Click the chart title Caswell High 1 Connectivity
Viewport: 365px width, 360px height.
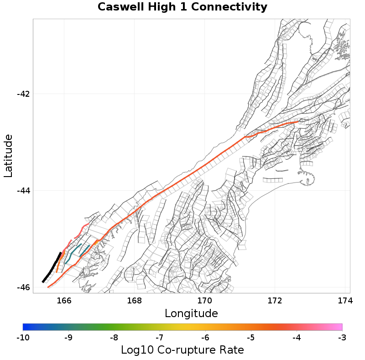coord(182,7)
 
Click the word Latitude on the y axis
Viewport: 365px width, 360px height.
coord(8,156)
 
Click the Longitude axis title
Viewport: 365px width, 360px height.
coord(191,313)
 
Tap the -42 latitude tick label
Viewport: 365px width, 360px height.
coord(23,94)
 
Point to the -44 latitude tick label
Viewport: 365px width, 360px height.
coord(23,191)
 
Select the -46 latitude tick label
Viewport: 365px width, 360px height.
coord(23,287)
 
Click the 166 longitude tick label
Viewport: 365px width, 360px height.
coord(64,301)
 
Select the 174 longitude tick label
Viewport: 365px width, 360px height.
coord(344,301)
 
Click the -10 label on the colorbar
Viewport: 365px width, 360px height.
coord(22,338)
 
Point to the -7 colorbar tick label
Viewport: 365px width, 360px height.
coord(159,338)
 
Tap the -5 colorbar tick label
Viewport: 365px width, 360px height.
coord(250,338)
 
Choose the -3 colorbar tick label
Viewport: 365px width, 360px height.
coord(342,338)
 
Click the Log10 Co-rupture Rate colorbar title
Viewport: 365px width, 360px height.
coord(182,350)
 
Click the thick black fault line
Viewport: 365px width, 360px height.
coord(51,268)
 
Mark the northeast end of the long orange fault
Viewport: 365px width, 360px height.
coord(297,122)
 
